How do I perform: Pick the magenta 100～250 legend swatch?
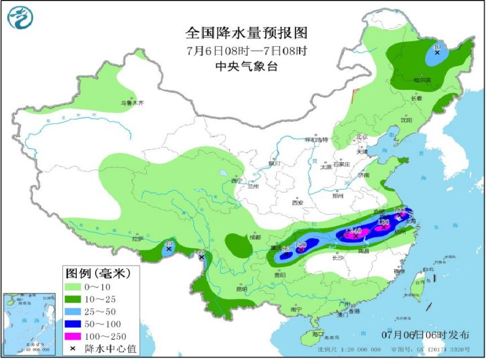74,336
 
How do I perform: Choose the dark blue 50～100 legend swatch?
74,324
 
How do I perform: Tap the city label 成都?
256,237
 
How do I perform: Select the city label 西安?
297,203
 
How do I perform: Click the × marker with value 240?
356,236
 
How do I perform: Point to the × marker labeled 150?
301,250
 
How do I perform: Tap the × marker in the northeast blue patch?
437,52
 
